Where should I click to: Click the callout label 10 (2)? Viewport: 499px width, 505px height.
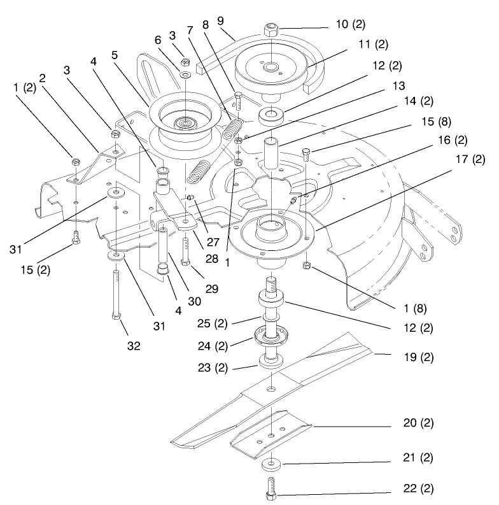pos(351,24)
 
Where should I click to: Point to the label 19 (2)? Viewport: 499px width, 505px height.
pos(419,357)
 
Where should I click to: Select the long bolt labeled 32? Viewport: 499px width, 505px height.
pos(116,293)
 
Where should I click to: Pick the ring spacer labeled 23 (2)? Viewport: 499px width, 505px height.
pos(270,362)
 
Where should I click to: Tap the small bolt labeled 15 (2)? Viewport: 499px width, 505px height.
pos(75,237)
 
